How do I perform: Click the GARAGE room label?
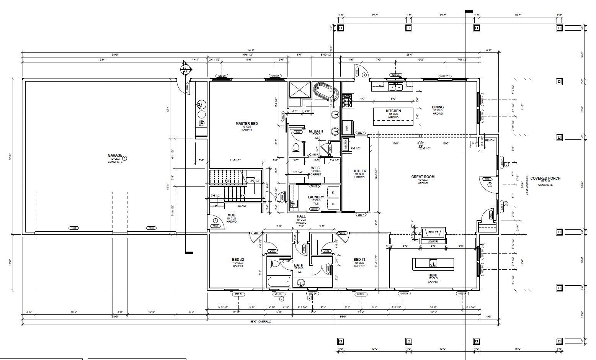pyautogui.click(x=115, y=155)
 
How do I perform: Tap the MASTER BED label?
pyautogui.click(x=247, y=124)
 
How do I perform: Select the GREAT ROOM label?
pyautogui.click(x=423, y=177)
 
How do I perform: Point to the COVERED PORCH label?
pyautogui.click(x=545, y=178)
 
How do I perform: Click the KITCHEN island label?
pyautogui.click(x=393, y=111)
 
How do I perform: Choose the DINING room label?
pyautogui.click(x=438, y=107)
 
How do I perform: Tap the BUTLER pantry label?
pyautogui.click(x=359, y=171)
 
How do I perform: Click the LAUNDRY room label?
pyautogui.click(x=316, y=197)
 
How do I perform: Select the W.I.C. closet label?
pyautogui.click(x=316, y=168)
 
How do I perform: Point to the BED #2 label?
pyautogui.click(x=238, y=260)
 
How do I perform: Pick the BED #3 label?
pyautogui.click(x=359, y=260)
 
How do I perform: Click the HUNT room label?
pyautogui.click(x=433, y=275)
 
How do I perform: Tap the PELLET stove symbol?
pyautogui.click(x=433, y=232)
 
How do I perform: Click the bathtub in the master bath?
pyautogui.click(x=326, y=92)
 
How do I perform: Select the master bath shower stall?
pyautogui.click(x=300, y=90)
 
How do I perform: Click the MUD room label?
pyautogui.click(x=231, y=215)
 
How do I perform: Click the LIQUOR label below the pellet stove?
pyautogui.click(x=433, y=242)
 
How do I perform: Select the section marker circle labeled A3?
pyautogui.click(x=186, y=69)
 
